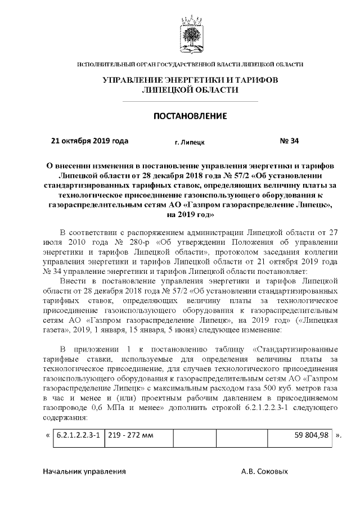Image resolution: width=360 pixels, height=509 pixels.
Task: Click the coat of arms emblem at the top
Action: click(190, 35)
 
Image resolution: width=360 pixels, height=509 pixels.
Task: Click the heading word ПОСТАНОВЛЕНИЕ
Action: click(190, 116)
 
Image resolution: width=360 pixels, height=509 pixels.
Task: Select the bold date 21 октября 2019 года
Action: click(89, 141)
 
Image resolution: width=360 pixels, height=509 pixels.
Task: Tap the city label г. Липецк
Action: click(190, 142)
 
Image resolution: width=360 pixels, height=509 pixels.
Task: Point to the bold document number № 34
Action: click(289, 141)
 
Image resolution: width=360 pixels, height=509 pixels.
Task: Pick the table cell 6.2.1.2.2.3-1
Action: click(79, 435)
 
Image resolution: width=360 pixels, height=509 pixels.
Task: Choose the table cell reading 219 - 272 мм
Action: click(129, 435)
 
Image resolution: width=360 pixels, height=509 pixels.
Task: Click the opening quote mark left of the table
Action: click(47, 435)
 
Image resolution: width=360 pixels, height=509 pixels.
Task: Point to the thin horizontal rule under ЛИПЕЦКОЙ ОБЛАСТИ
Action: click(190, 101)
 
